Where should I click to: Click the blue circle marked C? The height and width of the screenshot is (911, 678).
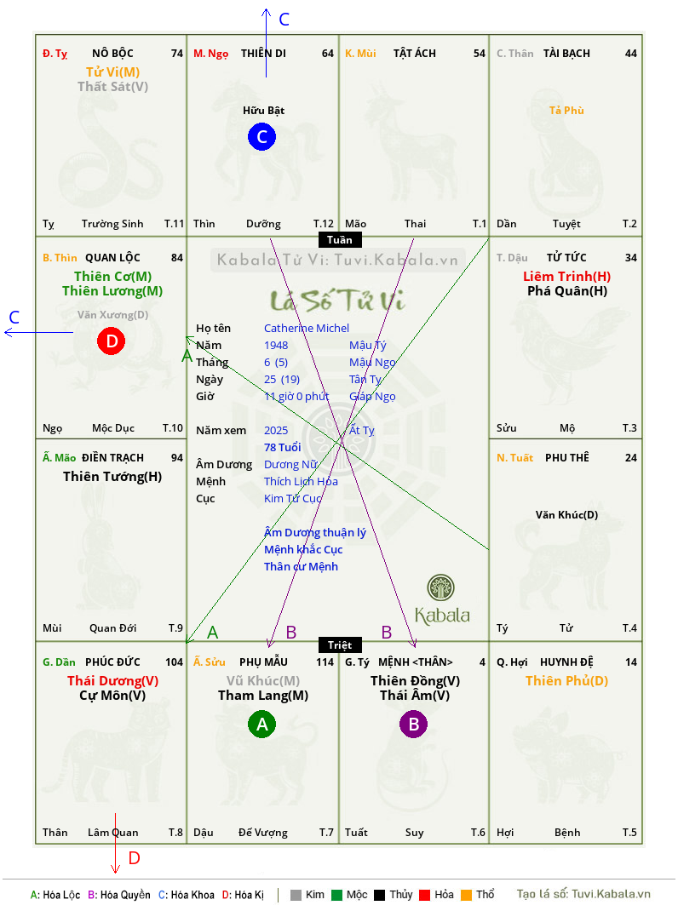(x=261, y=136)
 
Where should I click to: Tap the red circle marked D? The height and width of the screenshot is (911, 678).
(x=111, y=341)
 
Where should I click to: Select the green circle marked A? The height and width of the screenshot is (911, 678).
(x=261, y=724)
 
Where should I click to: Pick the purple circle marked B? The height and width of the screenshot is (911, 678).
(x=413, y=724)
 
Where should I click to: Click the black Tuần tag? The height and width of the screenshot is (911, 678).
(x=340, y=239)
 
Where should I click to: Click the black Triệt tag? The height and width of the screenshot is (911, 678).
(x=340, y=645)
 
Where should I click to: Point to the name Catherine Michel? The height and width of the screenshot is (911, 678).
(x=307, y=329)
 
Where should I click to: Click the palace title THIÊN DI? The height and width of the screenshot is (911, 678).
(x=263, y=54)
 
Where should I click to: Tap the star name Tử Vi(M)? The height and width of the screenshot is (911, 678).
(x=112, y=72)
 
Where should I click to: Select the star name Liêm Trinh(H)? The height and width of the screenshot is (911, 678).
(x=567, y=277)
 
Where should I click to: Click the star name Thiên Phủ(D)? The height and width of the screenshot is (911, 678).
(x=567, y=681)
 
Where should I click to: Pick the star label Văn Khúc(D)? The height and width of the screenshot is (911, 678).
(x=567, y=515)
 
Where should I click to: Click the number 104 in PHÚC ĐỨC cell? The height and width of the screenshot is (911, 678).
(x=174, y=662)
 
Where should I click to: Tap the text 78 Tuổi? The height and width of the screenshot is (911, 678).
(x=283, y=447)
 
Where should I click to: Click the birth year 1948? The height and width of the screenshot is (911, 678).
(x=276, y=346)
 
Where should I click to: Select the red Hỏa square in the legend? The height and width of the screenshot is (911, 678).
(x=424, y=895)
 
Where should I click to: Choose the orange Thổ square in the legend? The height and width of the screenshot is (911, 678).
(x=467, y=895)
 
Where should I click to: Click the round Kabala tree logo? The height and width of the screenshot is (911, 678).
(x=440, y=588)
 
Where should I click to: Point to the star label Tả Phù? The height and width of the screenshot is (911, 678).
(x=566, y=111)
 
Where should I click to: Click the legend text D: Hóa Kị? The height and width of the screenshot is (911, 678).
(x=243, y=895)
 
